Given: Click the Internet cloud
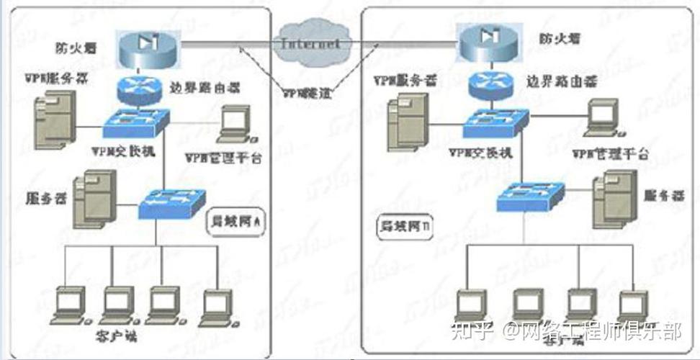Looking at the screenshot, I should coord(310,43).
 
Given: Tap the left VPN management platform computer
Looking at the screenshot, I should coord(235,125).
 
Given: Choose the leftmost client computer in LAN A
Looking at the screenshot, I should coord(71,305).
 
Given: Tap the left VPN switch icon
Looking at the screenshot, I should coord(135,122).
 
